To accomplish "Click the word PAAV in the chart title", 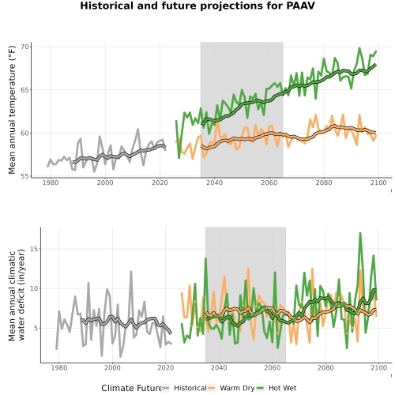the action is click(300, 6).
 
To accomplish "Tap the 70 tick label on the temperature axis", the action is click(24, 47).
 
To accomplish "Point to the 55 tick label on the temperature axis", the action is click(24, 176).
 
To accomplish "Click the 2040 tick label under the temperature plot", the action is click(214, 182).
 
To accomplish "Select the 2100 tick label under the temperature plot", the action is click(378, 182).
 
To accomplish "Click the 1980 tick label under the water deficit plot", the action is click(58, 367).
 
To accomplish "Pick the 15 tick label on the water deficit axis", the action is click(34, 249).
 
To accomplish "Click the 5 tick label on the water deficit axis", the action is click(36, 329).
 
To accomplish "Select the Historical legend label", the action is click(190, 388).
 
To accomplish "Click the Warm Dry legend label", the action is click(237, 388).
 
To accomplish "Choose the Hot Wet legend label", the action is click(282, 388).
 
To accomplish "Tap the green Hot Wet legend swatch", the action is click(260, 388).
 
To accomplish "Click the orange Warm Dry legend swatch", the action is click(212, 388).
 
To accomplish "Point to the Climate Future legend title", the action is click(132, 388).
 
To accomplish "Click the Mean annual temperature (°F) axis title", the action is click(12, 110).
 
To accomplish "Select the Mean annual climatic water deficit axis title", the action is click(17, 295).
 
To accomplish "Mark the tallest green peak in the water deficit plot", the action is click(360, 233).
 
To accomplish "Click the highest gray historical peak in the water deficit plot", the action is click(131, 272).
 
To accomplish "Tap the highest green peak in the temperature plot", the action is click(359, 48).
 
